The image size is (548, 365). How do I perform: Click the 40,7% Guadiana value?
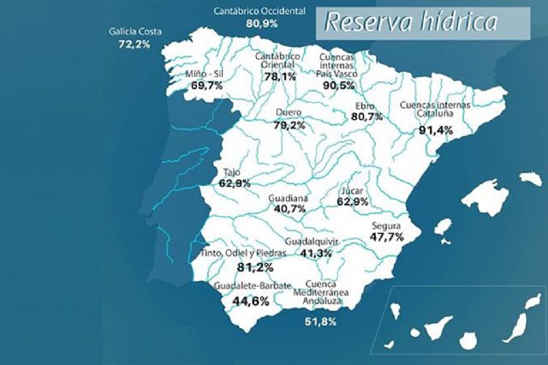[288, 207]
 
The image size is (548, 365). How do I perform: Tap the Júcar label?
[352, 190]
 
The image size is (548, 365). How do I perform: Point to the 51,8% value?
[320, 322]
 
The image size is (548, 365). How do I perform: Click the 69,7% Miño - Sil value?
[205, 86]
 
